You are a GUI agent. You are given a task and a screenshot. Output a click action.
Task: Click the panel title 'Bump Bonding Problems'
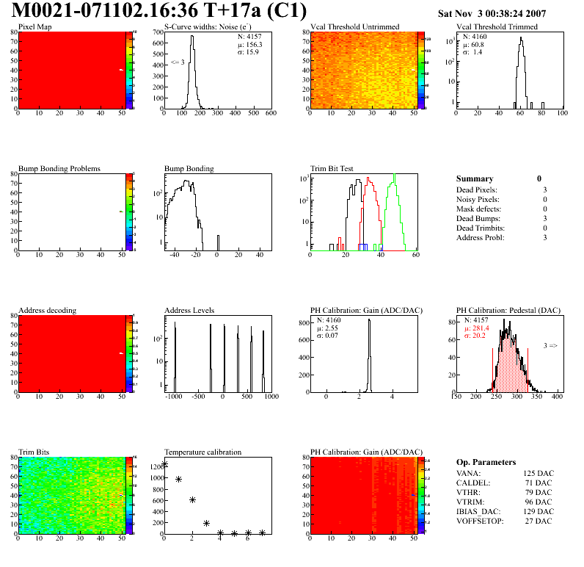tap(59, 169)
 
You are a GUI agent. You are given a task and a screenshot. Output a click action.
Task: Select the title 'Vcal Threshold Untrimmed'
tap(355, 26)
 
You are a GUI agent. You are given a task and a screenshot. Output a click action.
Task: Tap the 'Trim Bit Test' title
tap(332, 169)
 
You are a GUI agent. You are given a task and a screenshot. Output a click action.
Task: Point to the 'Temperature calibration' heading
tap(202, 452)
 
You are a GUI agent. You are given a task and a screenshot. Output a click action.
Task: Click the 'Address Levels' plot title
tap(190, 310)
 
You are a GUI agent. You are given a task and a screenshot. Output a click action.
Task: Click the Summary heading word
tap(475, 178)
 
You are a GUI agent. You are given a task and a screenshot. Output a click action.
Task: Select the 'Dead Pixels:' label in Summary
tap(477, 190)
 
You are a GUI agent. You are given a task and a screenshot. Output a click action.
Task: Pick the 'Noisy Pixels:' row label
tap(478, 200)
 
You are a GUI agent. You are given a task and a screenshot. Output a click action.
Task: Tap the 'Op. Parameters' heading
tap(486, 462)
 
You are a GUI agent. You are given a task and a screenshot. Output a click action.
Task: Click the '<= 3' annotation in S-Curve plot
tap(178, 62)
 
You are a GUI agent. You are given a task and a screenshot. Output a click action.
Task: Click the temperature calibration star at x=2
tap(192, 499)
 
